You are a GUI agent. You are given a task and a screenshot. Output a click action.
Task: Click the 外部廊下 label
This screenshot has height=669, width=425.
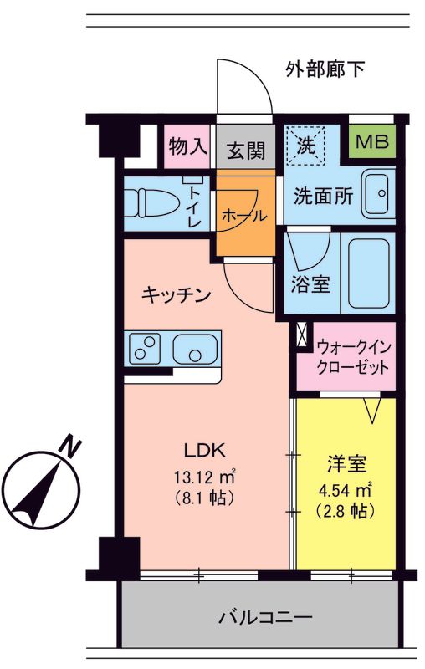click(x=324, y=68)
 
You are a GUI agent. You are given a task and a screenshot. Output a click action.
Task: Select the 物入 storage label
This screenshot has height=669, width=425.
click(x=187, y=146)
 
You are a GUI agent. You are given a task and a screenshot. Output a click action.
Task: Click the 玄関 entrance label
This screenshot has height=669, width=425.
click(x=246, y=151)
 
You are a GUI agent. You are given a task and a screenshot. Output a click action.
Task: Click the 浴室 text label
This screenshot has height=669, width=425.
click(x=310, y=283)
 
